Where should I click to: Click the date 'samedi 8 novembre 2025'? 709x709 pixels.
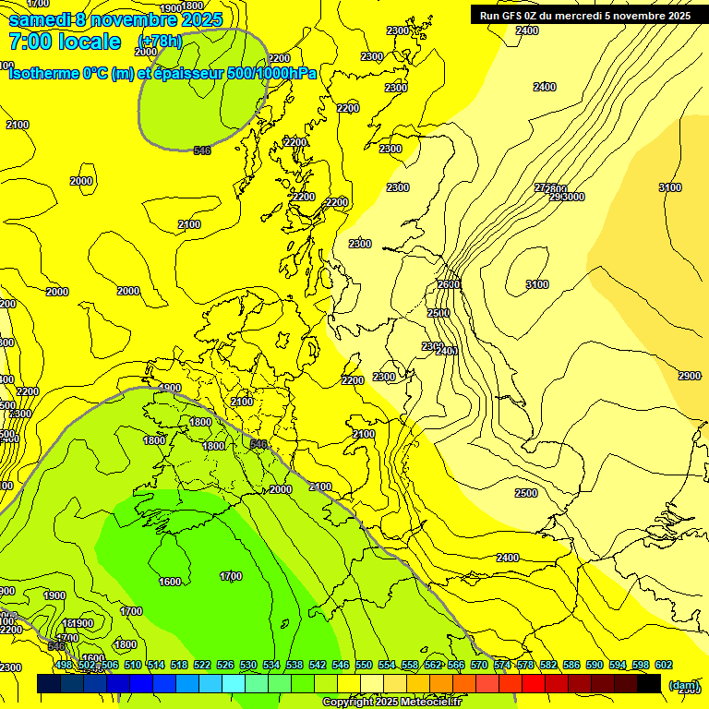(x=114, y=19)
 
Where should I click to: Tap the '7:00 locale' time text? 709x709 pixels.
(x=65, y=42)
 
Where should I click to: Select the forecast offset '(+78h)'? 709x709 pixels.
(x=160, y=42)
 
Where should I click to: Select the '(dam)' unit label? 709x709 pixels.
(x=682, y=685)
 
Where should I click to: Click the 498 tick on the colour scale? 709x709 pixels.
(x=64, y=666)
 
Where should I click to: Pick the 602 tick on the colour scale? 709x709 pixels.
(x=663, y=666)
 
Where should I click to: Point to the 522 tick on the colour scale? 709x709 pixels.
(x=202, y=666)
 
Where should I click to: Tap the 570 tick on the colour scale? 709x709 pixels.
(x=478, y=666)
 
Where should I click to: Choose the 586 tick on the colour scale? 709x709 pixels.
(x=571, y=666)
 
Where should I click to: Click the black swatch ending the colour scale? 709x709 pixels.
(x=649, y=684)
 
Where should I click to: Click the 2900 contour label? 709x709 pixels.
(x=689, y=376)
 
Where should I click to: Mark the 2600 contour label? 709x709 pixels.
(x=450, y=284)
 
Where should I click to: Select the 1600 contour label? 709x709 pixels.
(x=170, y=582)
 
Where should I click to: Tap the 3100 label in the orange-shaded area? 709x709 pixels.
(x=670, y=187)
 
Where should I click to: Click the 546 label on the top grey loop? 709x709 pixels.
(x=202, y=150)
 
